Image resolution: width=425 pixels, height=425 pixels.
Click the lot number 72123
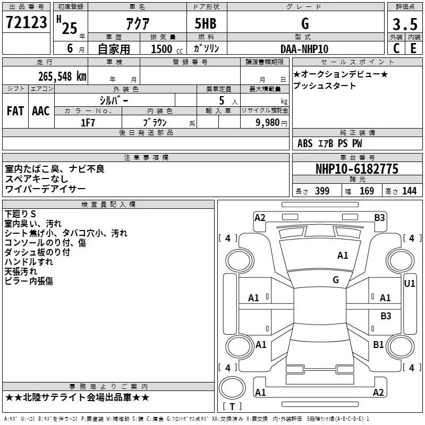point(26,22)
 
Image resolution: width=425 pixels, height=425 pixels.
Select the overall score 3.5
point(405,24)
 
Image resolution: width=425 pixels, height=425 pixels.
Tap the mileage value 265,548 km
point(62,76)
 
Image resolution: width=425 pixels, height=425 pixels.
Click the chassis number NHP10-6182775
point(357,169)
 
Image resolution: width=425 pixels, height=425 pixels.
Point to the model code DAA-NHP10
point(304,49)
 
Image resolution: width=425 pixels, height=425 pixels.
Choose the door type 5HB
point(206,23)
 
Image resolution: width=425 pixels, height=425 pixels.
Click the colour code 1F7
point(88,123)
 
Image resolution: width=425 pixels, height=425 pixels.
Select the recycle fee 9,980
point(267,123)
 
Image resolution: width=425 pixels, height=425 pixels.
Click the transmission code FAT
point(15,111)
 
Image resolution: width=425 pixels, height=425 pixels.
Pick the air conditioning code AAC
point(41,111)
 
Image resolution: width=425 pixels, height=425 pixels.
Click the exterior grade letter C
point(396,48)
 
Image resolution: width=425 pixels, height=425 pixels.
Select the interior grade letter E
point(413,48)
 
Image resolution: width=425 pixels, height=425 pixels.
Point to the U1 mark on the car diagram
point(410,284)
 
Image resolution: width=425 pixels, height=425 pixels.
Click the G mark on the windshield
point(336,280)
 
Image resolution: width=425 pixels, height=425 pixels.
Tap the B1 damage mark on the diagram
point(378,344)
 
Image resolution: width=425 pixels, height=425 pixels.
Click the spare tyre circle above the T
point(232,388)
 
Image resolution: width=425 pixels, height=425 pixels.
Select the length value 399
point(322,191)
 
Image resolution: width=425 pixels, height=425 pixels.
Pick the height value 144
point(409,191)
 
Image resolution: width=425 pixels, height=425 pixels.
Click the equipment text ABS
point(305,143)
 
